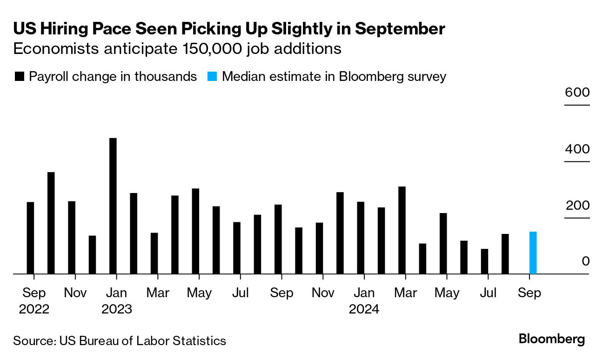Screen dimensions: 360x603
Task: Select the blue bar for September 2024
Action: (533, 253)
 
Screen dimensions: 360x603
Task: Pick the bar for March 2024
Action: (402, 230)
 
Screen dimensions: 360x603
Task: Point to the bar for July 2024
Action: (484, 261)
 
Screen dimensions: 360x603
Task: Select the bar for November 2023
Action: (319, 248)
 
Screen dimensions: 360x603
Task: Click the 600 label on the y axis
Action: (577, 92)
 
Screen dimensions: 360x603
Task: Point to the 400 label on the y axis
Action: (577, 149)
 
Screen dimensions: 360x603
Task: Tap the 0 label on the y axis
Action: (585, 261)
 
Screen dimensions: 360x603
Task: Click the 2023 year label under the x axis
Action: (116, 309)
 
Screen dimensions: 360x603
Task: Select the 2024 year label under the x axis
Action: (364, 309)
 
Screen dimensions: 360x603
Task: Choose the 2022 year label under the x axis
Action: (34, 309)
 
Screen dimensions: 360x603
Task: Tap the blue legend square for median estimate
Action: (212, 76)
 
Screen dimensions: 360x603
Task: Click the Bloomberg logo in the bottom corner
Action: (551, 339)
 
